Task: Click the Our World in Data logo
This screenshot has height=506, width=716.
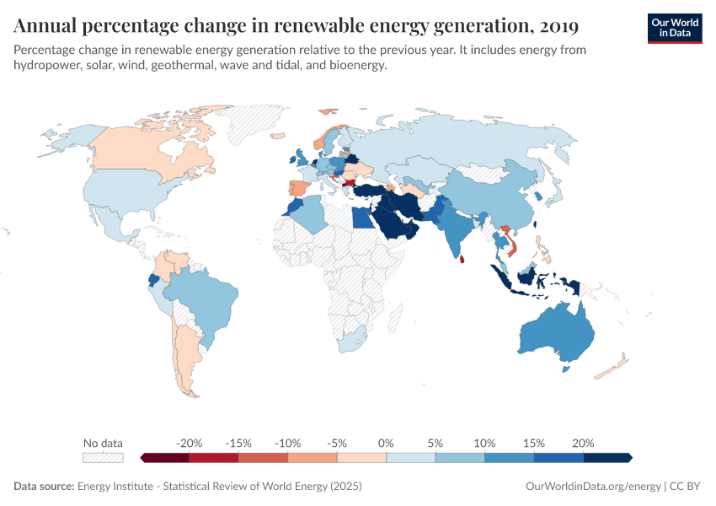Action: [x=674, y=27]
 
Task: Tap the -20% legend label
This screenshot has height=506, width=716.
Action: [x=190, y=443]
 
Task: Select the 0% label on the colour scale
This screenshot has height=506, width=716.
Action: [x=387, y=443]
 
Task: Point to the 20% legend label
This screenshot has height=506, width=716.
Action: [x=583, y=443]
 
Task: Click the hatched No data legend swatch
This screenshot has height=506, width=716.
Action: [x=103, y=457]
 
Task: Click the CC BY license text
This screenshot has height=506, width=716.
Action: [x=687, y=486]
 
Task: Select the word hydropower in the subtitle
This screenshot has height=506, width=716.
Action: [x=48, y=66]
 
